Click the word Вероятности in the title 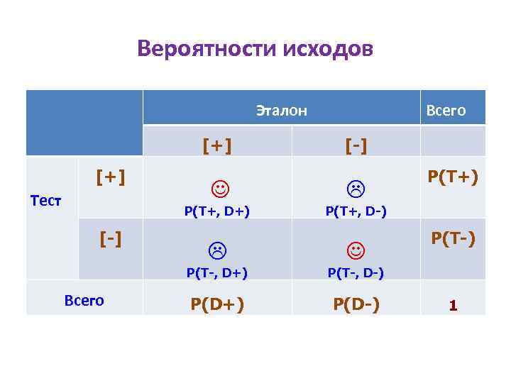click(207, 50)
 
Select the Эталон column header click(281, 110)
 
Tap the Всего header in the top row click(445, 110)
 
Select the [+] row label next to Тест click(111, 175)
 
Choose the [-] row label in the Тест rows click(111, 238)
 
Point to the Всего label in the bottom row click(84, 300)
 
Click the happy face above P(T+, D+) click(220, 189)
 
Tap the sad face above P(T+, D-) click(355, 189)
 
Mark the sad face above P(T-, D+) click(216, 250)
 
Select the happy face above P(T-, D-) click(355, 250)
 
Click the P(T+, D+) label click(216, 209)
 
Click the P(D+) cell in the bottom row click(216, 304)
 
